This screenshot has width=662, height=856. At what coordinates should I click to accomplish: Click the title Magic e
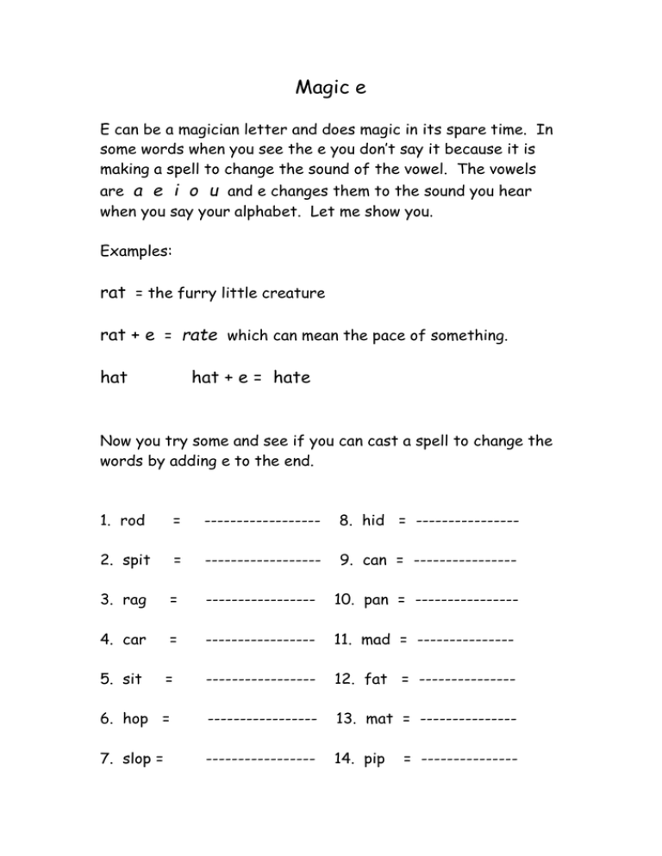tap(331, 87)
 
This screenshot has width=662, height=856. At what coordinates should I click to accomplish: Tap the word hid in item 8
tap(373, 520)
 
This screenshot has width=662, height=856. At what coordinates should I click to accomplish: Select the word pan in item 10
tap(376, 600)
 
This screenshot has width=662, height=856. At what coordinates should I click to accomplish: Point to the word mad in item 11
tap(375, 640)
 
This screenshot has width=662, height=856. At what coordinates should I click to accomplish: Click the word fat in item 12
tap(376, 679)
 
